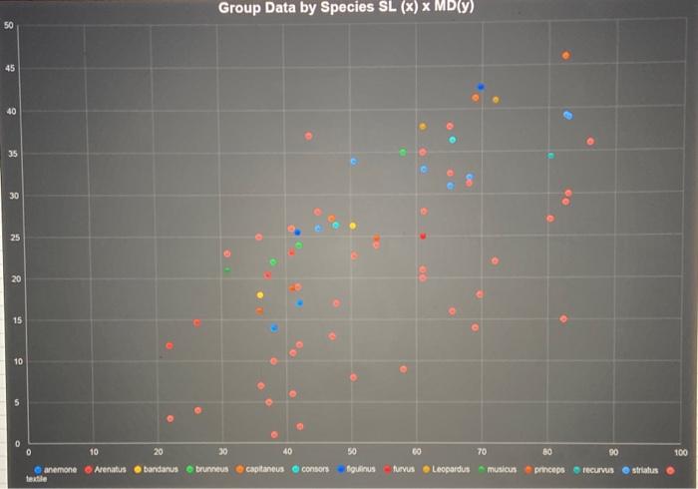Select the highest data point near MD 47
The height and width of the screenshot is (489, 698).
pyautogui.click(x=566, y=55)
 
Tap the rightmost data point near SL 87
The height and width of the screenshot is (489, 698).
pyautogui.click(x=590, y=142)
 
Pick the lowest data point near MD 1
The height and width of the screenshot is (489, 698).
pyautogui.click(x=274, y=434)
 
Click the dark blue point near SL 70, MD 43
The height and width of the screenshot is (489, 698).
pyautogui.click(x=481, y=87)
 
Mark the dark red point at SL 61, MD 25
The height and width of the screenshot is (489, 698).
pyautogui.click(x=423, y=237)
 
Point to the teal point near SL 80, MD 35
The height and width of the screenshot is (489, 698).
pyautogui.click(x=550, y=156)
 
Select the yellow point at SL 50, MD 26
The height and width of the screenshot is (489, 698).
pyautogui.click(x=352, y=226)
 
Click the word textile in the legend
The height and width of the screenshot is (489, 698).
pyautogui.click(x=37, y=478)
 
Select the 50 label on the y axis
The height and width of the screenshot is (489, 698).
pyautogui.click(x=9, y=25)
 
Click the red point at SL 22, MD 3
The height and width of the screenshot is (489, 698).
pyautogui.click(x=171, y=418)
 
